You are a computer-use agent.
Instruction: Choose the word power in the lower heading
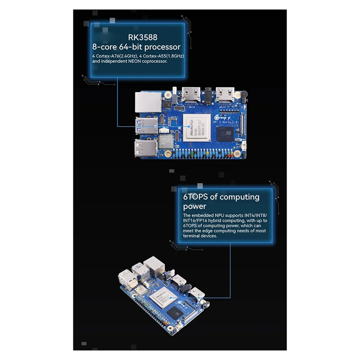pyautogui.click(x=194, y=206)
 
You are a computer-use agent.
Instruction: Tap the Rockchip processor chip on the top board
pyautogui.click(x=196, y=127)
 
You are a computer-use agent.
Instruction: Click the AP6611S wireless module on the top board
pyautogui.click(x=167, y=143)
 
